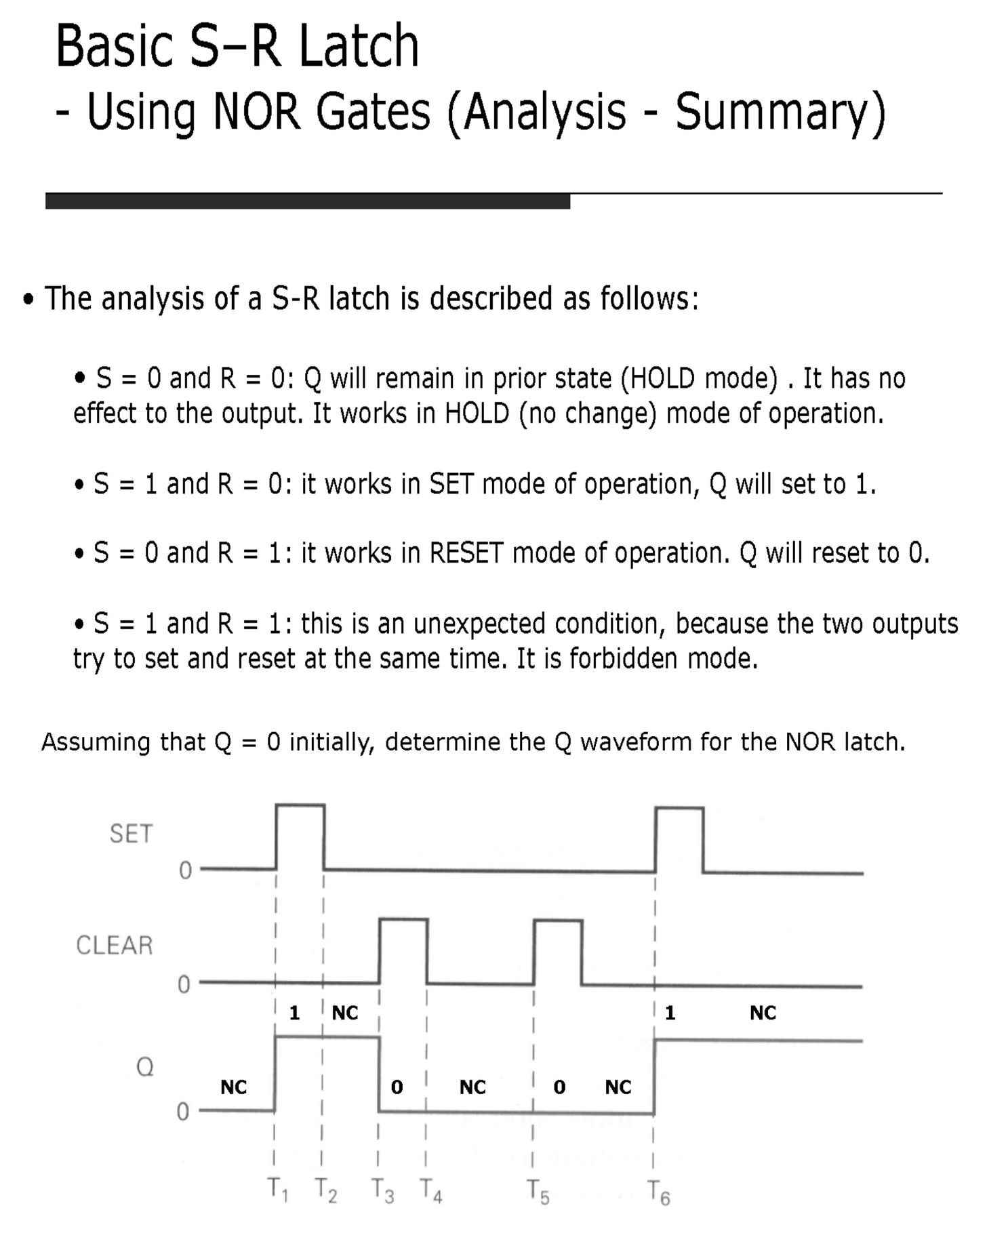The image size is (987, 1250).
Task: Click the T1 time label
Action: click(277, 1190)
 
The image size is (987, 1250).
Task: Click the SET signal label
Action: click(132, 834)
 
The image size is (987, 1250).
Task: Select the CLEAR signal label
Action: click(115, 946)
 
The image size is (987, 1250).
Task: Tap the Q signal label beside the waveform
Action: click(145, 1068)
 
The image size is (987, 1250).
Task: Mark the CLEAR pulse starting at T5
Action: click(558, 951)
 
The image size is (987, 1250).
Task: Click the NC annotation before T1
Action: click(234, 1087)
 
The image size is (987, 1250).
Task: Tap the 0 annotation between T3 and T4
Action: click(397, 1087)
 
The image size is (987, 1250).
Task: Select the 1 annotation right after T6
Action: click(670, 1013)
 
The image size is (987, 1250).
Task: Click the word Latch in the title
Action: click(359, 46)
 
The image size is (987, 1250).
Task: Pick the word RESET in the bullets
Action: click(466, 553)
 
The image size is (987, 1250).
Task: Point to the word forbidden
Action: click(624, 658)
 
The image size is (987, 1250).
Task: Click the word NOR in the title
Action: click(256, 112)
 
